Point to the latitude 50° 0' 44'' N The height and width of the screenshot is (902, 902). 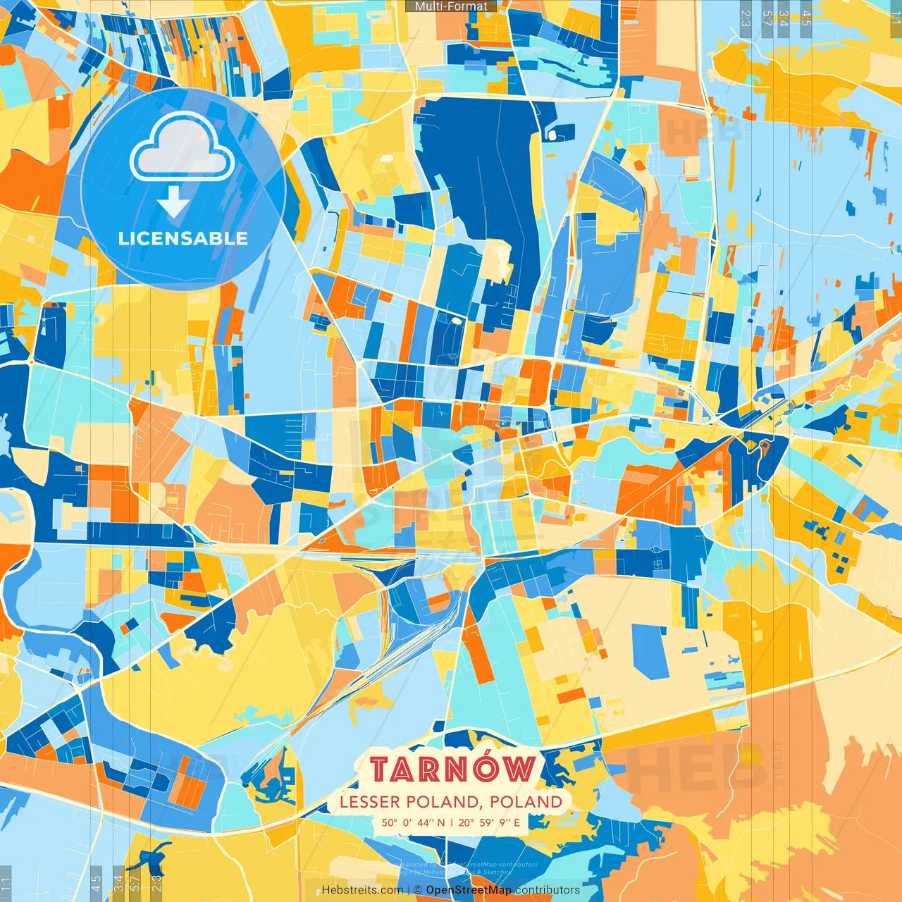click(x=414, y=822)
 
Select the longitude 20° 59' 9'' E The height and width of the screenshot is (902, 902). click(x=489, y=822)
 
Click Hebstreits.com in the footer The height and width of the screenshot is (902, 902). click(x=362, y=890)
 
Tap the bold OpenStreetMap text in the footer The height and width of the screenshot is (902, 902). click(x=468, y=890)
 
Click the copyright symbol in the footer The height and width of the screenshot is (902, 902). click(x=418, y=890)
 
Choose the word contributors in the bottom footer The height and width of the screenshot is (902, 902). click(x=548, y=890)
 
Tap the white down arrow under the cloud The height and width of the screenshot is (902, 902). click(x=173, y=202)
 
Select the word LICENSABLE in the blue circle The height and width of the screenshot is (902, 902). click(x=183, y=238)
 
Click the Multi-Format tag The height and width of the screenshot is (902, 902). click(x=451, y=6)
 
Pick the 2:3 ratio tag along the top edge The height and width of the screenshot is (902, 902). click(x=746, y=18)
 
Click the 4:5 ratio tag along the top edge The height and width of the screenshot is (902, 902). click(x=806, y=18)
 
